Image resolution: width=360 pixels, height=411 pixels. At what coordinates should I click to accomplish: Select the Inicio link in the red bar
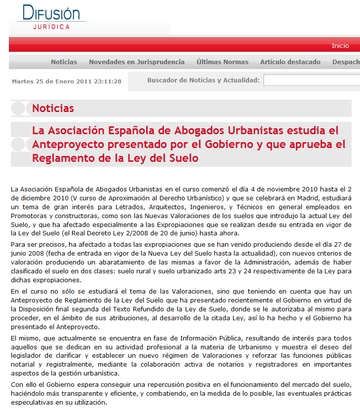pos(340,45)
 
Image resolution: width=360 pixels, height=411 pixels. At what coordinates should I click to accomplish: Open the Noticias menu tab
pos(64,62)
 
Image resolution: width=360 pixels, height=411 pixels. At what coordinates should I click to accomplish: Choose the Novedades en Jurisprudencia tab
pos(137,62)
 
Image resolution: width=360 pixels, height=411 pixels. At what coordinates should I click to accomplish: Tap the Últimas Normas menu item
pos(222,62)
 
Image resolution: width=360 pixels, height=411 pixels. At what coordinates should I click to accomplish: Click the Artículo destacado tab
pos(290,62)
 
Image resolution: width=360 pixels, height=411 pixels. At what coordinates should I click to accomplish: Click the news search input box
pos(311,80)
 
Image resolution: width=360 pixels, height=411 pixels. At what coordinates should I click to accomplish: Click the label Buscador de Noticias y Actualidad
pos(203,80)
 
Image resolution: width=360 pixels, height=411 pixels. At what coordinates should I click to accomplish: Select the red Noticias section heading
pos(53,109)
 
